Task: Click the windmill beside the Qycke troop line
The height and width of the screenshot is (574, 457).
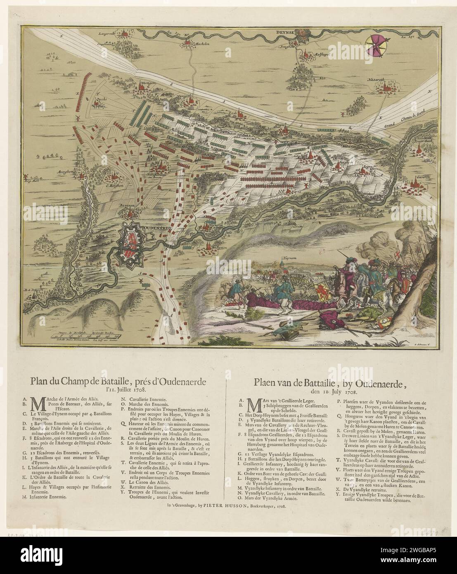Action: point(76,117)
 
